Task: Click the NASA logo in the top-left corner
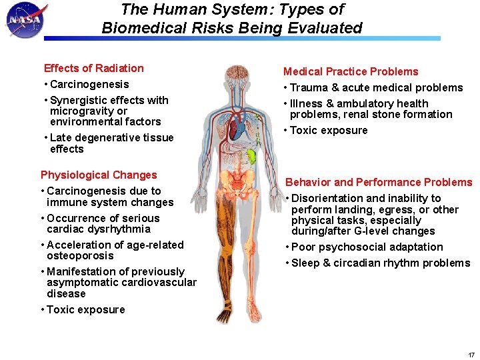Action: (x=25, y=21)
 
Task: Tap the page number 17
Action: (x=471, y=354)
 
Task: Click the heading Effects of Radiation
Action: (x=93, y=68)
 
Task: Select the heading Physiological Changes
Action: (x=99, y=175)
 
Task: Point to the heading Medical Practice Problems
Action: (x=351, y=71)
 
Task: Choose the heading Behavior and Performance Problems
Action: (x=379, y=182)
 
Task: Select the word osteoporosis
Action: (x=80, y=255)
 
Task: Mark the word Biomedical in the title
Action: (x=136, y=28)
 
